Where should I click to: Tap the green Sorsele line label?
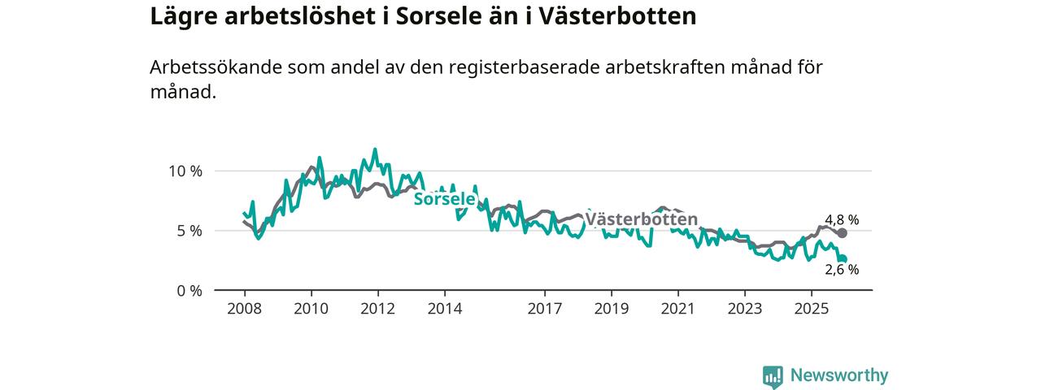click(444, 198)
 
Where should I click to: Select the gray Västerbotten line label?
click(642, 219)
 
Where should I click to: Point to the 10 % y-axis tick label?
click(185, 171)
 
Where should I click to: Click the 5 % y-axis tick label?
click(189, 231)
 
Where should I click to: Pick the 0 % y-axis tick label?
click(189, 290)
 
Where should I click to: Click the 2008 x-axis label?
click(244, 309)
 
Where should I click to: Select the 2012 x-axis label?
click(377, 309)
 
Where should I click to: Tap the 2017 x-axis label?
click(544, 309)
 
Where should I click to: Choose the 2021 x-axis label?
click(677, 309)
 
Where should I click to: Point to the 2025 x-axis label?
click(811, 309)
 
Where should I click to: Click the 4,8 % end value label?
click(842, 219)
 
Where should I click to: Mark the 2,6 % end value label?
click(842, 270)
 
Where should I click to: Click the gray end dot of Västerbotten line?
click(842, 233)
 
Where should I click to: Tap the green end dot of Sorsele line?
click(843, 258)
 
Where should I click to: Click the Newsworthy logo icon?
click(773, 376)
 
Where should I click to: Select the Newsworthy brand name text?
click(839, 375)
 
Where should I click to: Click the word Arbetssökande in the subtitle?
click(215, 68)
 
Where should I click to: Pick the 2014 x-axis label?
click(444, 309)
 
